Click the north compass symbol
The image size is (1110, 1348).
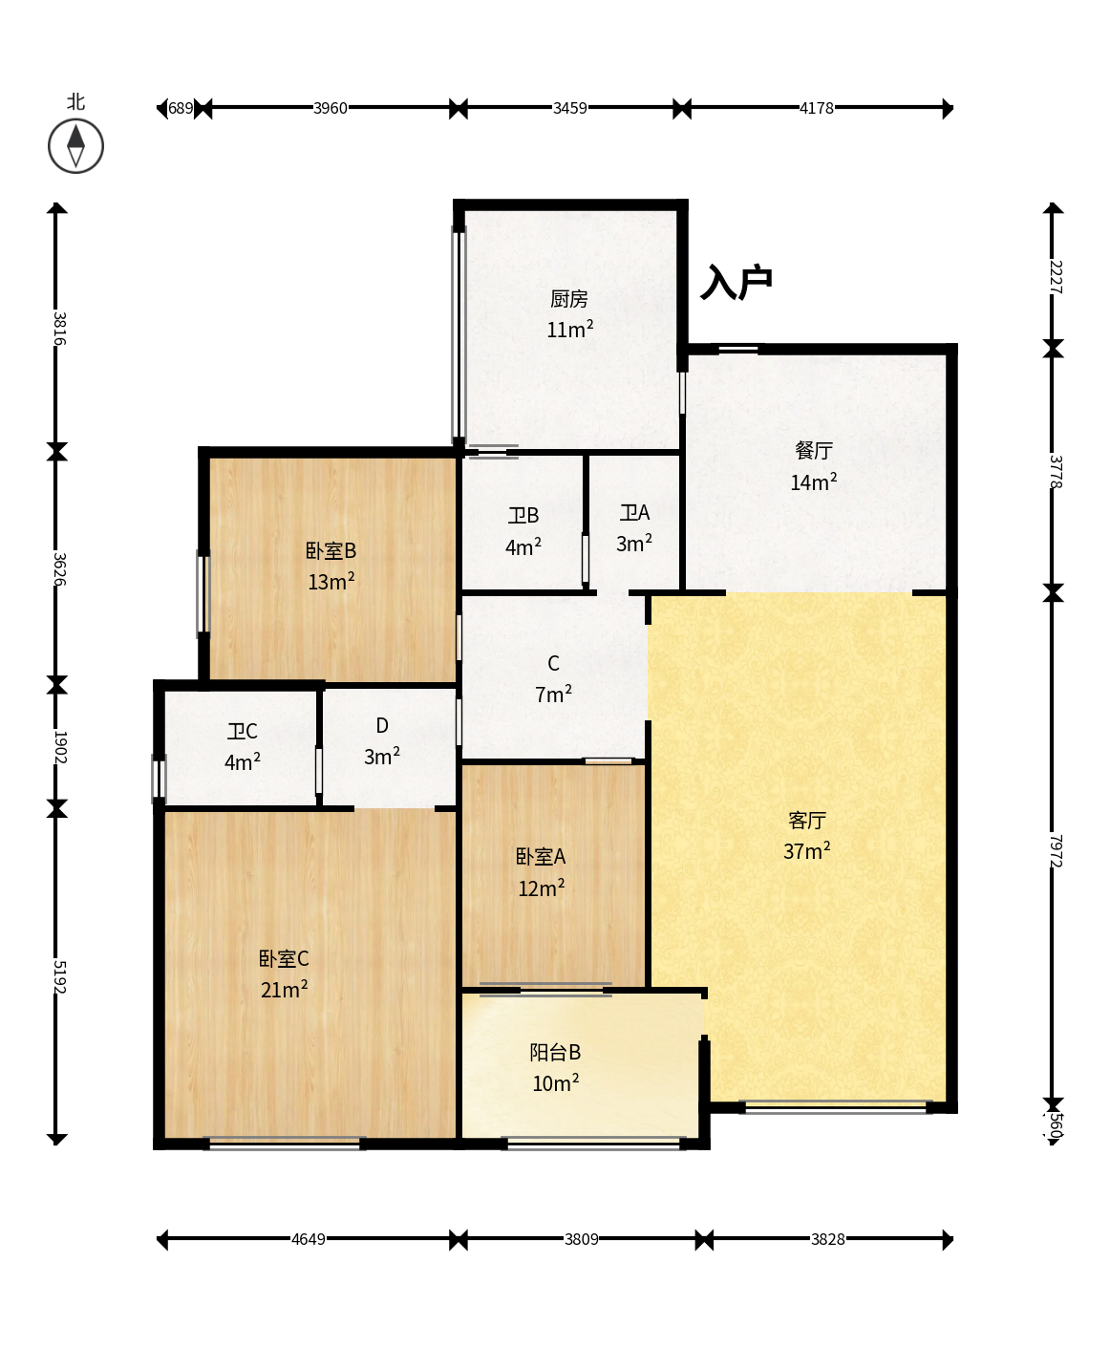point(75,145)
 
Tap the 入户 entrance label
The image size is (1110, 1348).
point(736,282)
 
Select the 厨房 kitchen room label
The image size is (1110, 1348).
point(569,299)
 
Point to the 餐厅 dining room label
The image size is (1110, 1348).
point(814,450)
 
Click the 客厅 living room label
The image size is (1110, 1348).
point(807,820)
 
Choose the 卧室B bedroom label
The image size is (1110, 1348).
point(331,550)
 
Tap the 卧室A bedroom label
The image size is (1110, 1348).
point(541,856)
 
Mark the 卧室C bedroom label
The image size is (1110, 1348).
point(284,958)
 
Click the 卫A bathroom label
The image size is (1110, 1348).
point(634,513)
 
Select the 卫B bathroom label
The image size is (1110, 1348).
point(523,515)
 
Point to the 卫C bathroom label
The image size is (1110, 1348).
point(242,731)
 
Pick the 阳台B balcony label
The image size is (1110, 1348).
point(555,1052)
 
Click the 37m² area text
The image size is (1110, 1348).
point(807,850)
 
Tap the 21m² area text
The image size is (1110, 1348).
point(284,989)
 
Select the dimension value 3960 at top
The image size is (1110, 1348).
point(330,108)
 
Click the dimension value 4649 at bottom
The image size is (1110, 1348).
point(308,1239)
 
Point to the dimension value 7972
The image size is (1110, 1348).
point(1055,851)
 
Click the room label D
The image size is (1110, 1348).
point(382,725)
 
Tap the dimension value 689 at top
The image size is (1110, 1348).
point(181,108)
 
